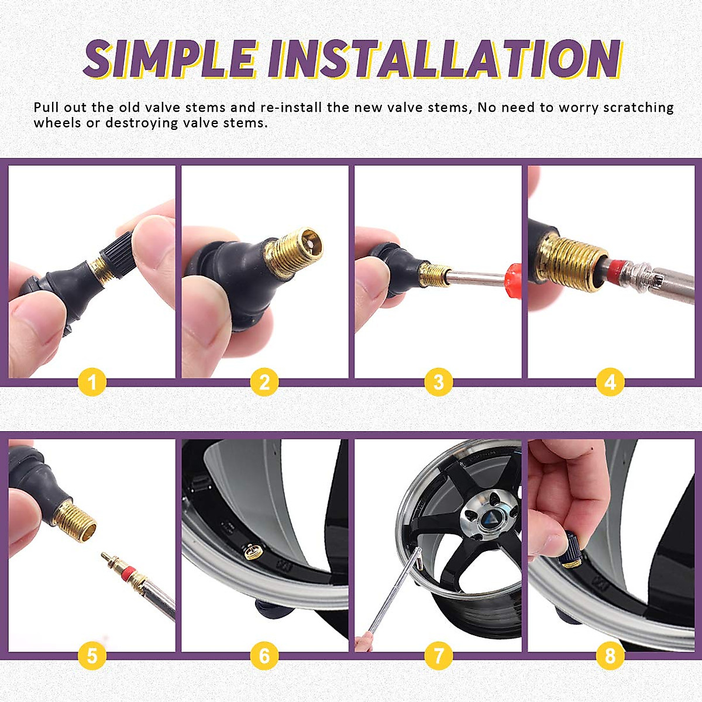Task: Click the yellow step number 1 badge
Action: [92, 383]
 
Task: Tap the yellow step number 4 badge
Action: [610, 383]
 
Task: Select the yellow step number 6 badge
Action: [264, 656]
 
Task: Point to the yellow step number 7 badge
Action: [439, 656]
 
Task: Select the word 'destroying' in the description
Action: [141, 123]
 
